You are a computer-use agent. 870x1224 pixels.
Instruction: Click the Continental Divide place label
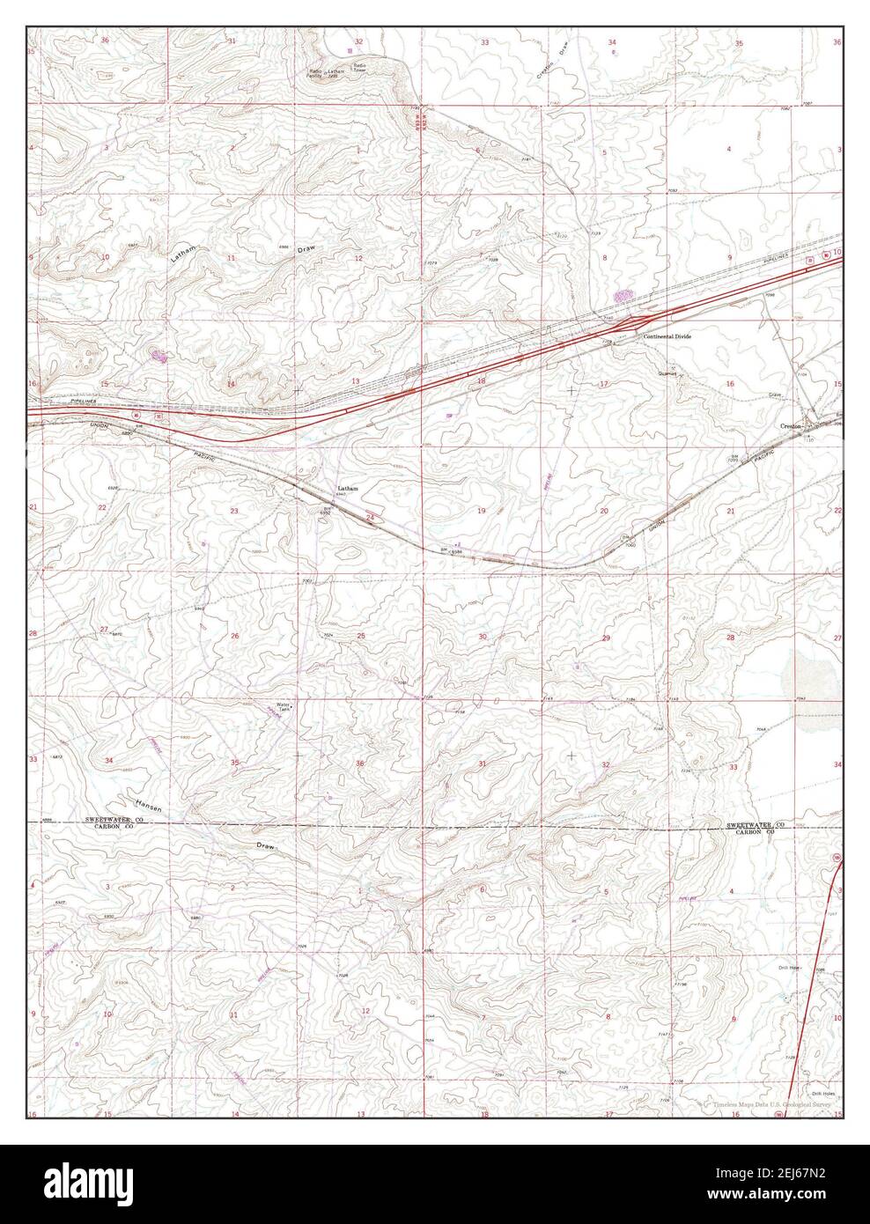click(667, 337)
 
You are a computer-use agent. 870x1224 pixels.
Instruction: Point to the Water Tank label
click(284, 707)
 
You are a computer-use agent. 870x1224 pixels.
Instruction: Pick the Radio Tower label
click(359, 67)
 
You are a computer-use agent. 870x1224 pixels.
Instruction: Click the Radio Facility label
click(314, 72)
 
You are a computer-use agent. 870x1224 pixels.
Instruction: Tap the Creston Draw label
click(551, 64)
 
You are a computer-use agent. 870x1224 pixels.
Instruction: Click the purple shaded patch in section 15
click(159, 356)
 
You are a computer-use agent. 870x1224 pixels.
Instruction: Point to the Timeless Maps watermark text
click(766, 1102)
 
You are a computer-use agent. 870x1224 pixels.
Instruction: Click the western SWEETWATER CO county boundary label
click(114, 820)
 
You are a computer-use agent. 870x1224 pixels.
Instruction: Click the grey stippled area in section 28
click(801, 674)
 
